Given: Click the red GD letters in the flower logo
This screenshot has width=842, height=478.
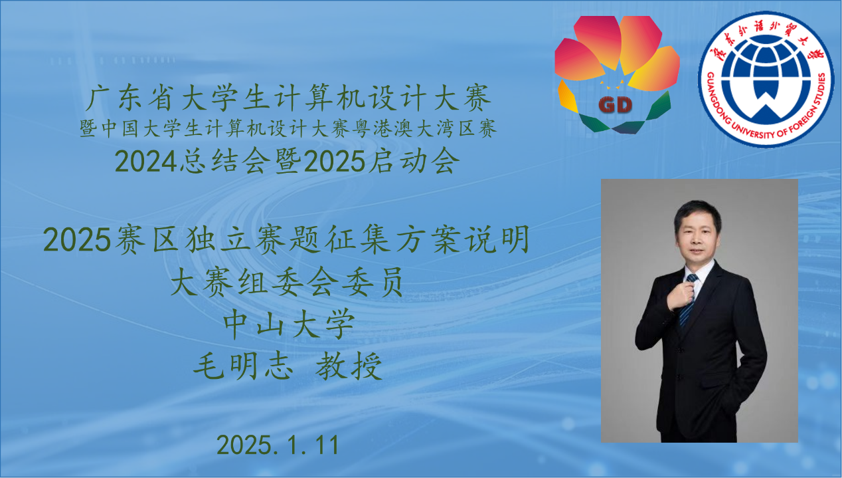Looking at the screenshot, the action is click(x=615, y=104).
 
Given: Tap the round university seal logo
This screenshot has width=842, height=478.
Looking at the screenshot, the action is click(x=766, y=79).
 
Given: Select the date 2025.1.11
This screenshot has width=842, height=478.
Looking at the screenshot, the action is click(x=278, y=445).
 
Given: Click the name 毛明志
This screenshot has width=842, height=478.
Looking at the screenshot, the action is click(x=243, y=366).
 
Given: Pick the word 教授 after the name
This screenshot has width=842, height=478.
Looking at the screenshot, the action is click(x=349, y=366).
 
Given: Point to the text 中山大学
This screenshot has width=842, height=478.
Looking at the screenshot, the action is click(x=289, y=324).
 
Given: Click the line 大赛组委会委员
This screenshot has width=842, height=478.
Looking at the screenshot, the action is click(x=287, y=281).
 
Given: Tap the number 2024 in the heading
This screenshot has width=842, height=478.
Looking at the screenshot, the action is click(x=146, y=162).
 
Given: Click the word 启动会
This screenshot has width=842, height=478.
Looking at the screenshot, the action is click(x=414, y=161).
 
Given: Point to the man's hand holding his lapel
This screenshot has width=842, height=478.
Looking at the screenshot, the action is click(x=681, y=295).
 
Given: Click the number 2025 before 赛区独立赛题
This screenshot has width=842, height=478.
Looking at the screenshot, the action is click(x=76, y=240).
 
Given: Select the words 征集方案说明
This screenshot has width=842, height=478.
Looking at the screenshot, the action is click(x=428, y=239).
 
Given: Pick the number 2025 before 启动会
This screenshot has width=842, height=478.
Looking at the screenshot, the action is click(x=335, y=162).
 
